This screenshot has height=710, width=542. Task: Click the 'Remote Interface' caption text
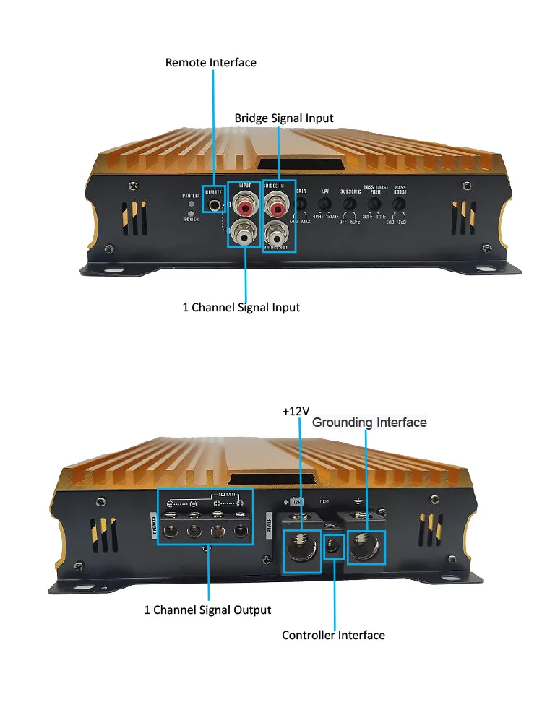pyautogui.click(x=210, y=62)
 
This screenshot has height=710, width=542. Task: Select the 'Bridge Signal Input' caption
pyautogui.click(x=284, y=118)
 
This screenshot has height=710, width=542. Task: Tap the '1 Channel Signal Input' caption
pyautogui.click(x=241, y=307)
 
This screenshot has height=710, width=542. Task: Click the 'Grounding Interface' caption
pyautogui.click(x=369, y=422)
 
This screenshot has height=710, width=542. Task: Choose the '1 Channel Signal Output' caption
pyautogui.click(x=207, y=610)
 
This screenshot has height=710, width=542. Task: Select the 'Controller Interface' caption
pyautogui.click(x=333, y=635)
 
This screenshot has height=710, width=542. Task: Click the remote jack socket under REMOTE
pyautogui.click(x=215, y=205)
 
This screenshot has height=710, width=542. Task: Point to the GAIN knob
pyautogui.click(x=301, y=205)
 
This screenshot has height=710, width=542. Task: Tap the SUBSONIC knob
pyautogui.click(x=350, y=205)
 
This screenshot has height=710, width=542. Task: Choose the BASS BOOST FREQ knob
pyautogui.click(x=374, y=205)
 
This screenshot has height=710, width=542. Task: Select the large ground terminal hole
pyautogui.click(x=365, y=547)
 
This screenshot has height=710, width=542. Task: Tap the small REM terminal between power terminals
pyautogui.click(x=333, y=547)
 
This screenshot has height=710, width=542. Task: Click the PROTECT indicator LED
pyautogui.click(x=190, y=203)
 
